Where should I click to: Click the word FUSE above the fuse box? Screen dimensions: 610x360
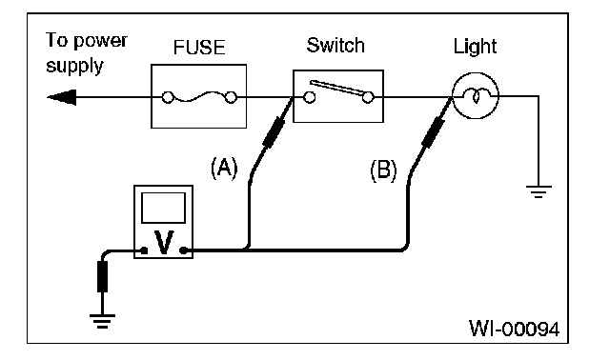coord(199,48)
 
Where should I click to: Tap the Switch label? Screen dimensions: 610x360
coord(335,46)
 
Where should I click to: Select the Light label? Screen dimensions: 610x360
coord(475,47)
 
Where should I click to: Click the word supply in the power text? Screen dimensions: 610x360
coord(74,66)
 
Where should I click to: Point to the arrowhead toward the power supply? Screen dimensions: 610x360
coord(61,97)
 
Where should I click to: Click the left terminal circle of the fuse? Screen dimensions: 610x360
coord(168,97)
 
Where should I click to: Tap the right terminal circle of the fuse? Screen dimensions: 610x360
coord(231,97)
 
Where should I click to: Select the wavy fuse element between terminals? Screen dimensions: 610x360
coord(199,96)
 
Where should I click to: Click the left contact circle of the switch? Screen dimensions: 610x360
coord(309,97)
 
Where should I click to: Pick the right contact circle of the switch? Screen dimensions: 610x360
coord(368,97)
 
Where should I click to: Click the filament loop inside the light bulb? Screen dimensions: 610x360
coord(476,96)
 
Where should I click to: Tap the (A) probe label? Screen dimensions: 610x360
coord(224,168)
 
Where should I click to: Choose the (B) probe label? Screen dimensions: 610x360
coord(383,170)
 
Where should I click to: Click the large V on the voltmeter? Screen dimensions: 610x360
coord(164,243)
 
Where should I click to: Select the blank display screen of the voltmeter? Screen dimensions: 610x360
coord(163,208)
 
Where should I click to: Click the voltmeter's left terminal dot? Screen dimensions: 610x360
coord(144,250)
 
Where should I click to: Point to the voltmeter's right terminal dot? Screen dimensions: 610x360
coord(184,250)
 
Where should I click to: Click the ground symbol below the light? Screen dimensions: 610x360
coord(539,192)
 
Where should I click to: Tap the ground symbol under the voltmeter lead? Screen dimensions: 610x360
coord(102,321)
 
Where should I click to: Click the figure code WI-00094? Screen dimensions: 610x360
coord(515,329)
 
